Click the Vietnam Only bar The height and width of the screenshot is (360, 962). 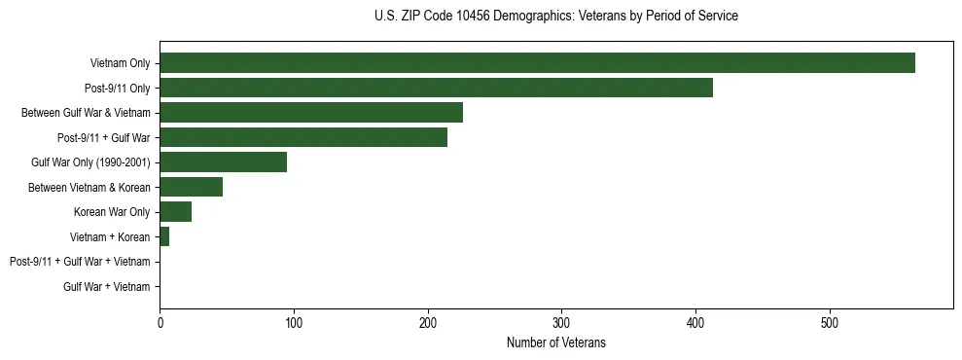click(537, 63)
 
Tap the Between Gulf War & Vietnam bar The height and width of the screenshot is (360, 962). click(311, 113)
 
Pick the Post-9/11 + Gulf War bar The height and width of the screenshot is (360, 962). click(303, 137)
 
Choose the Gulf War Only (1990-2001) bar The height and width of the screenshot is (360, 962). click(223, 162)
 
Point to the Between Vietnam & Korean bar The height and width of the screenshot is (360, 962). click(191, 187)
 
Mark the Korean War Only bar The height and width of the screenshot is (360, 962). click(175, 212)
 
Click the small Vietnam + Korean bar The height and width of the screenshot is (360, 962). click(164, 236)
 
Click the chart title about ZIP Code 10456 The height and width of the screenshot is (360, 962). click(555, 17)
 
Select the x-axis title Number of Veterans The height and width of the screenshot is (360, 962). click(555, 342)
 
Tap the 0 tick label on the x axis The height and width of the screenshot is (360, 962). click(160, 323)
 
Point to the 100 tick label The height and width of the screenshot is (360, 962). click(294, 323)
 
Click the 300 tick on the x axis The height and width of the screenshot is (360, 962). click(561, 323)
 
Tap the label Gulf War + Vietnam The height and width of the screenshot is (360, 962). click(107, 287)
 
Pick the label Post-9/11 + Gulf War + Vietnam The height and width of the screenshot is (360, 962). click(80, 262)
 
